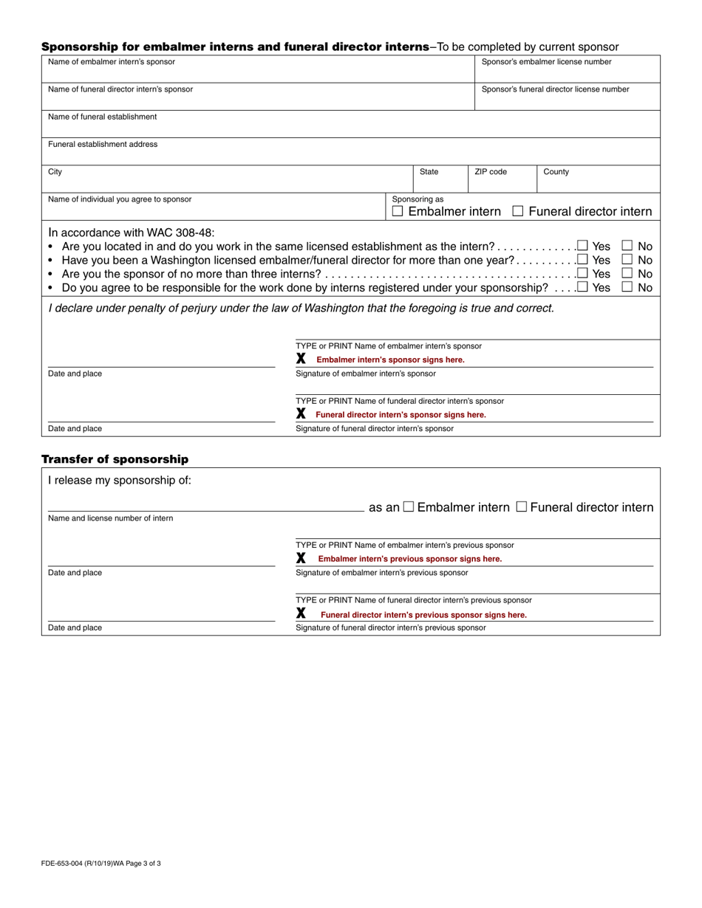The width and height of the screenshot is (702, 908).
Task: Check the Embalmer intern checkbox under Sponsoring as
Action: pos(398,212)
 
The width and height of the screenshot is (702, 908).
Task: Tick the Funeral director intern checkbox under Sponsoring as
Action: pos(518,212)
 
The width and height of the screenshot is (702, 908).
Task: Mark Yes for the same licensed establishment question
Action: pos(583,246)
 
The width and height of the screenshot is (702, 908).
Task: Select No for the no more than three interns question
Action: pos(627,274)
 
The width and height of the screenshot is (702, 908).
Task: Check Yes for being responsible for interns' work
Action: pos(583,288)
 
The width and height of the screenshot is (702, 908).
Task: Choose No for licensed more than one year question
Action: pos(627,260)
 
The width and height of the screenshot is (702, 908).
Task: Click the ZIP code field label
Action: pos(490,172)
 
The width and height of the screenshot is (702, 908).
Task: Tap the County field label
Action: pos(556,172)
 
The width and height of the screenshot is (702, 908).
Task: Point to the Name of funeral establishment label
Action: pos(102,117)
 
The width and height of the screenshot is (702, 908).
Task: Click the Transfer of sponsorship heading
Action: pos(115,459)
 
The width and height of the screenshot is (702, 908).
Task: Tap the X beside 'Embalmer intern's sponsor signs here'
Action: pos(301,359)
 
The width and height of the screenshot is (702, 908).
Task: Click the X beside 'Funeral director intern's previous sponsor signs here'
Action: pos(301,613)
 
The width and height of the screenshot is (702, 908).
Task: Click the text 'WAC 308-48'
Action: pos(176,232)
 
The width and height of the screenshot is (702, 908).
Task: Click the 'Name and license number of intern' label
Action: pos(110,518)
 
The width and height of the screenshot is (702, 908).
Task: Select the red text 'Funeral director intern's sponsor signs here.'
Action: pos(401,415)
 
